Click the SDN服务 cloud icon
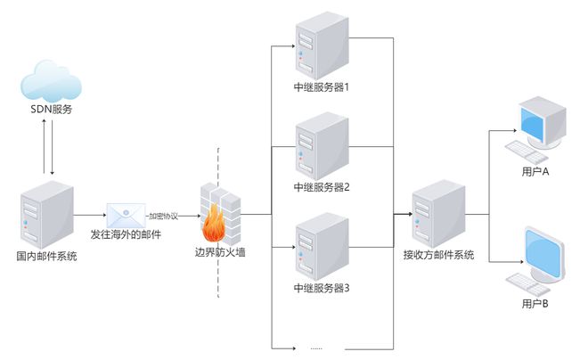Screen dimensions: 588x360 [x=51, y=80]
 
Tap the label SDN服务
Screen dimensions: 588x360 [x=52, y=110]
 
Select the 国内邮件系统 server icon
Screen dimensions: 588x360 [x=47, y=215]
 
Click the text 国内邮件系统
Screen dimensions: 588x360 [x=46, y=256]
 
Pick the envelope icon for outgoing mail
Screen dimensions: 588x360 [x=126, y=215]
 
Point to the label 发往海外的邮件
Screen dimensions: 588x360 [x=126, y=234]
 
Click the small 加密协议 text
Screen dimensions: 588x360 [x=164, y=216]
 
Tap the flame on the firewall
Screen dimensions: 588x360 [x=214, y=224]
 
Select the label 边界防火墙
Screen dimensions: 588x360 [x=220, y=252]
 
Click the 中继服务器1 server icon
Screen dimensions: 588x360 [x=323, y=45]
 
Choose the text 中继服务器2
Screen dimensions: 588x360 [x=322, y=187]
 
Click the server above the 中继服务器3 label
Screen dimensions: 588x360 [x=323, y=246]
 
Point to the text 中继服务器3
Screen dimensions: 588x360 [x=322, y=288]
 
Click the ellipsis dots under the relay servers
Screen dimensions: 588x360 [x=316, y=348]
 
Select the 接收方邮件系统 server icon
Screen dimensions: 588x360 [x=438, y=214]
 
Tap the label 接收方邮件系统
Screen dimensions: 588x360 [x=438, y=255]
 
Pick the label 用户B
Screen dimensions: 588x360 [x=535, y=304]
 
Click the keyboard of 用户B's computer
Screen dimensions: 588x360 [x=527, y=284]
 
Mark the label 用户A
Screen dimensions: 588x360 [x=535, y=172]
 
